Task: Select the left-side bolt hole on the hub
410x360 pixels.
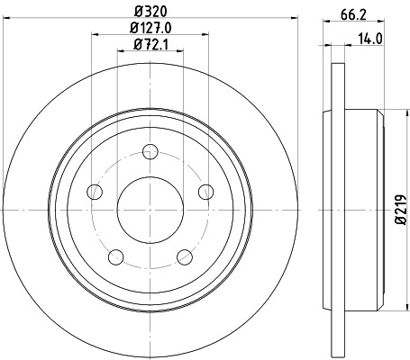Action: point(94,191)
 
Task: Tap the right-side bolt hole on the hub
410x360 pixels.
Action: point(205,191)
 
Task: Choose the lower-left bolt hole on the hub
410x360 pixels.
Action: point(115,256)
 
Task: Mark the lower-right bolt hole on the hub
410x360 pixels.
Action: point(184,256)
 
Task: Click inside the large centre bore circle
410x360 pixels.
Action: point(150,209)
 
